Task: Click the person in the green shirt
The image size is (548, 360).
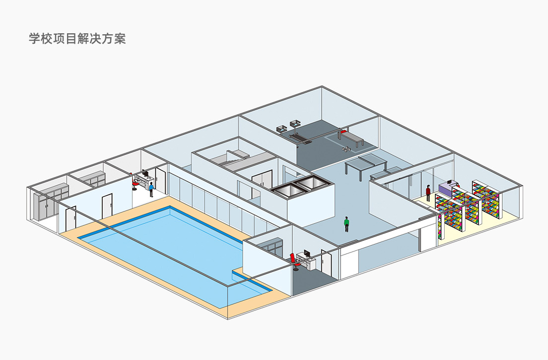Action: (346, 224)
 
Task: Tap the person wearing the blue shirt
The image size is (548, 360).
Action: (151, 189)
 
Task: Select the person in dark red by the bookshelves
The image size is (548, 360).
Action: (428, 192)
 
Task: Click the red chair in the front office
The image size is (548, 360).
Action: (294, 261)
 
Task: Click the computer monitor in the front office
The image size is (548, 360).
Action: (307, 254)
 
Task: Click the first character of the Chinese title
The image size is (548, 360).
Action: (34, 39)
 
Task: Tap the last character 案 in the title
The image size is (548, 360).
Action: (120, 39)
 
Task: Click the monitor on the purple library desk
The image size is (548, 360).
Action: (449, 183)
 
